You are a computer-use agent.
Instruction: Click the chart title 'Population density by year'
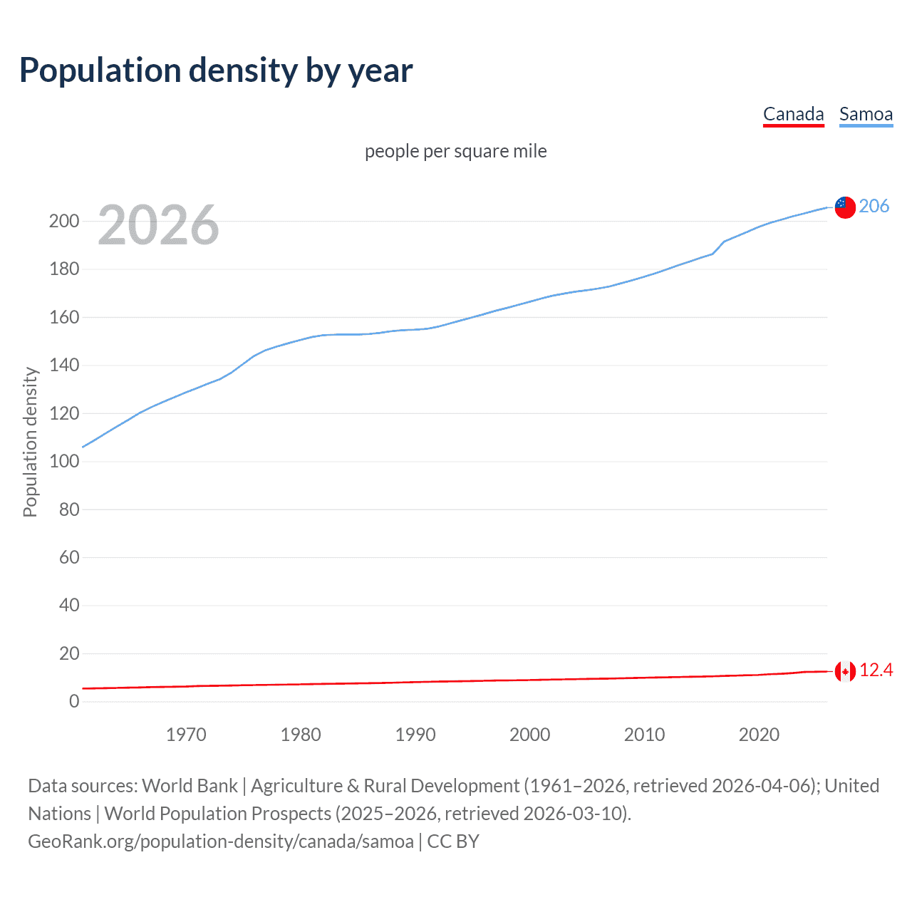216,71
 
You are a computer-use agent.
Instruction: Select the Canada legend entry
793,114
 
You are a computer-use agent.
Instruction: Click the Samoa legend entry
866,114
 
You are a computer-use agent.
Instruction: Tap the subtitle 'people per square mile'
455,151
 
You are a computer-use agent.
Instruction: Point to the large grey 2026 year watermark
158,225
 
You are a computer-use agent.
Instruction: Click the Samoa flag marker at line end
844,207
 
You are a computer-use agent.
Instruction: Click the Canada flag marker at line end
844,671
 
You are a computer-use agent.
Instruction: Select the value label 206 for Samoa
874,206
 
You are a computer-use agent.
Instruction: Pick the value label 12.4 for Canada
876,670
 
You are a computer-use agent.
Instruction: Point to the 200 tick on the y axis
64,221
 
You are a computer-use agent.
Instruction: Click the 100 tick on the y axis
64,461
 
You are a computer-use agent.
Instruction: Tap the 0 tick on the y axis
74,701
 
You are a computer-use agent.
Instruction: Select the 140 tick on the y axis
64,366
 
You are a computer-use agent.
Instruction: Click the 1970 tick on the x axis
186,735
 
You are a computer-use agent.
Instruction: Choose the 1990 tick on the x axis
415,735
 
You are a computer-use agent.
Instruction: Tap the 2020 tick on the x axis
759,735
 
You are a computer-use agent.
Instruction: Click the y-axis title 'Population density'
30,442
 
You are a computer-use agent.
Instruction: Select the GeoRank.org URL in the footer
221,841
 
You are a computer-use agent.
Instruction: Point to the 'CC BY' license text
453,841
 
